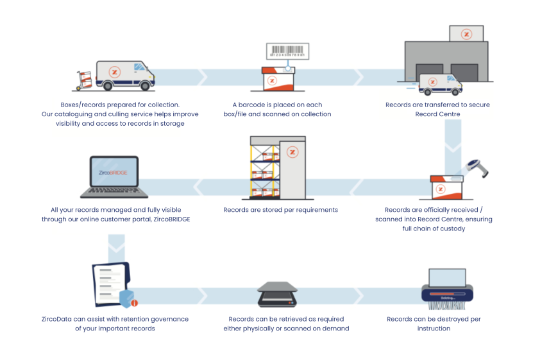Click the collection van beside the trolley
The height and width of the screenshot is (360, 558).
124,75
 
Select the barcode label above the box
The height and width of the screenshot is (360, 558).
287,51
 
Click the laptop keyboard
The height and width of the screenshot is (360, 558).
114,192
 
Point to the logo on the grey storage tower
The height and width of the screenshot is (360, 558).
292,152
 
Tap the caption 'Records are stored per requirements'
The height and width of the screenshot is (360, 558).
280,210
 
